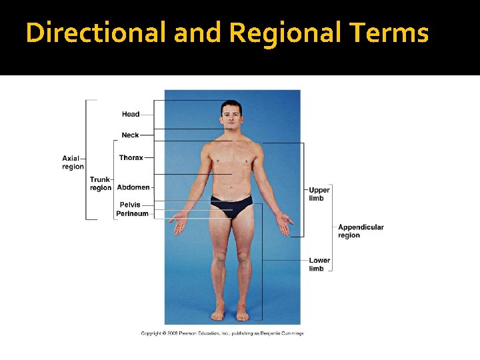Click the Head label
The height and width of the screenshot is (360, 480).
tap(131, 114)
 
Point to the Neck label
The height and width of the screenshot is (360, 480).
tap(130, 135)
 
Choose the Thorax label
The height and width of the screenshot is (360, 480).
tap(131, 158)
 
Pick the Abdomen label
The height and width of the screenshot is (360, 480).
tap(133, 187)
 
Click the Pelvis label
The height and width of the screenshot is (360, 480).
tap(130, 205)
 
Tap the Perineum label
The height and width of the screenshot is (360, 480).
tap(132, 214)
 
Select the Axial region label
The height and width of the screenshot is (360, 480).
tap(73, 163)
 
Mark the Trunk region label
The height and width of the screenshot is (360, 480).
tap(101, 184)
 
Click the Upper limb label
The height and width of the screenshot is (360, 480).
tap(319, 194)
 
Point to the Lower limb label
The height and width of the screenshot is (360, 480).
tap(319, 264)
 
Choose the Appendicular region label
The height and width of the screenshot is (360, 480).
tap(361, 231)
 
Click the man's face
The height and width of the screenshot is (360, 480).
tap(231, 117)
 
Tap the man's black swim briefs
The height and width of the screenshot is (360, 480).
tap(231, 204)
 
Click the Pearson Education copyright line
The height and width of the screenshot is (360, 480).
tap(222, 333)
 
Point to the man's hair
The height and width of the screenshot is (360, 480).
tap(231, 105)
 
